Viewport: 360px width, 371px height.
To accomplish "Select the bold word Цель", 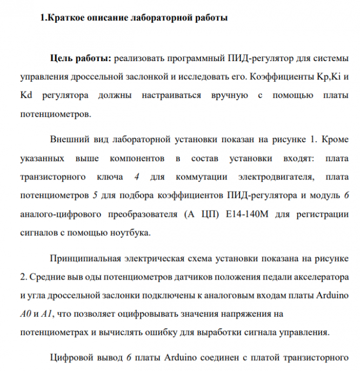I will (x=61, y=58).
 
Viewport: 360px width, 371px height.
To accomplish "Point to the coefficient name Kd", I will (x=26, y=96).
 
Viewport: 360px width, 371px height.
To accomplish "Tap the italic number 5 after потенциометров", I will (x=95, y=195).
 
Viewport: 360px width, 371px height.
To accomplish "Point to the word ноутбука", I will (x=126, y=233).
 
